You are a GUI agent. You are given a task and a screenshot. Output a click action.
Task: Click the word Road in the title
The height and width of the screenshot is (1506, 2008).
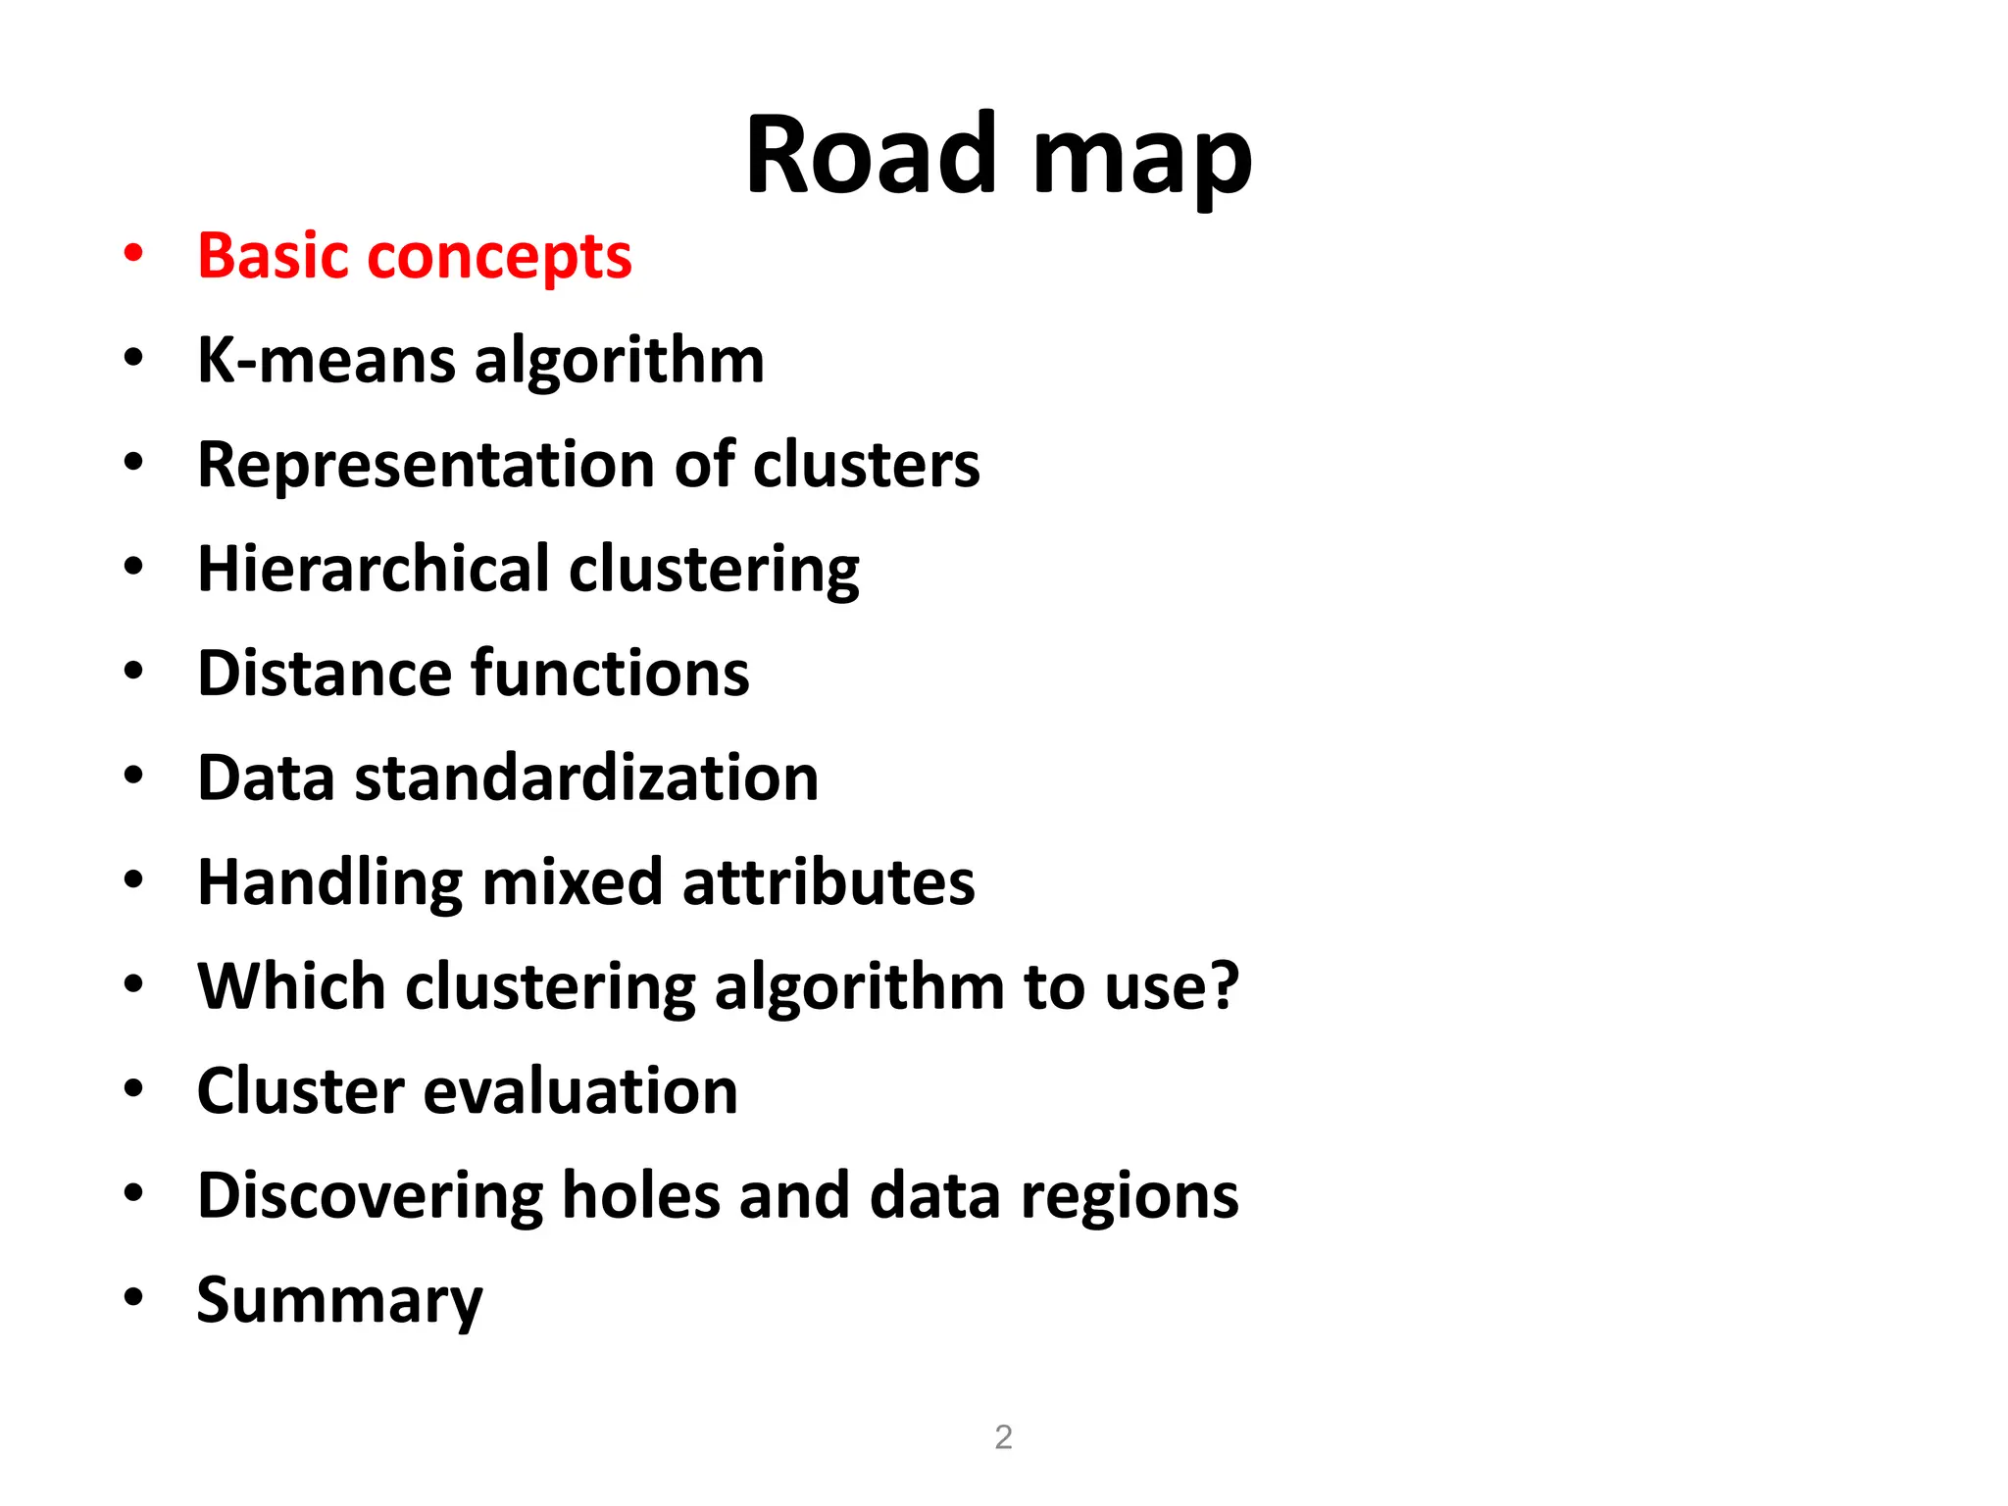(871, 155)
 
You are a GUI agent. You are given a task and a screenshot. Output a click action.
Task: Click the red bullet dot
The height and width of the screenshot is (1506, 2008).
(134, 253)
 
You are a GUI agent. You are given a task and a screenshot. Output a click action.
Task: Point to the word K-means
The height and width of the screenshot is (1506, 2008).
(326, 361)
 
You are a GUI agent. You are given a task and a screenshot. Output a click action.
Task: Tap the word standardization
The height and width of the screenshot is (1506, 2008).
(586, 778)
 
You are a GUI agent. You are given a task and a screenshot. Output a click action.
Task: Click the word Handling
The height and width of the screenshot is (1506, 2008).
(328, 882)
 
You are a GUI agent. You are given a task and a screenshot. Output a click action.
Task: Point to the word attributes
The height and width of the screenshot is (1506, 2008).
(828, 882)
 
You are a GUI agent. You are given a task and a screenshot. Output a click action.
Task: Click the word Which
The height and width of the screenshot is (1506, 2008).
(291, 986)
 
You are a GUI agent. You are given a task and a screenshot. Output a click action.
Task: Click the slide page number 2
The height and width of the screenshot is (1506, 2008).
(1003, 1437)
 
